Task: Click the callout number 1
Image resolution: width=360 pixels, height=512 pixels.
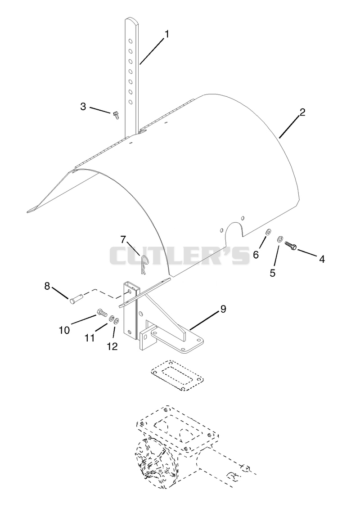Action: pos(167,34)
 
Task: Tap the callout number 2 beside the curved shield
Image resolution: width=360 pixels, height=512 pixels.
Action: pos(302,112)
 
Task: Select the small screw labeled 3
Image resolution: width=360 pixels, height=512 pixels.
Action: pos(115,115)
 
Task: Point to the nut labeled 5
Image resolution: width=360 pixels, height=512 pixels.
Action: pos(279,239)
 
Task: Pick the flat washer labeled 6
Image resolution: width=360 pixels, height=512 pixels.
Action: pos(268,232)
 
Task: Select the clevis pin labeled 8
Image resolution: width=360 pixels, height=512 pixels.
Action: pos(76,298)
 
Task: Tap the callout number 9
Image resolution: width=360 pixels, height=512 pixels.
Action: pos(223,309)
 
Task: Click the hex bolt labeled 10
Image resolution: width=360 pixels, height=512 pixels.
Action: pos(102,313)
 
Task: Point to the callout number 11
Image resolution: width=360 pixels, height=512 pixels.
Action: pos(90,337)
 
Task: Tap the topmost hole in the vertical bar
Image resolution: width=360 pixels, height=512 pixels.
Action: pos(130,41)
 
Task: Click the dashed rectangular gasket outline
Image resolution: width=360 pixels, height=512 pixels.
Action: pos(177,374)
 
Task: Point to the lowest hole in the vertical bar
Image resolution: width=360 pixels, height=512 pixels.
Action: pos(130,102)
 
